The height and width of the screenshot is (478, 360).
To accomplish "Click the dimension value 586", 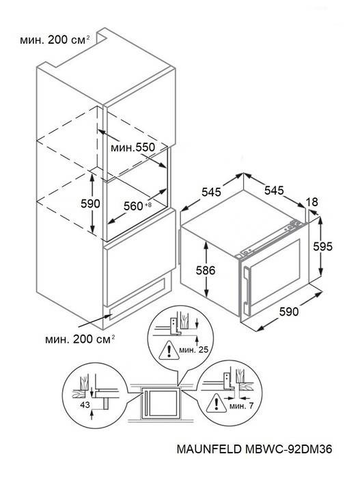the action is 206,270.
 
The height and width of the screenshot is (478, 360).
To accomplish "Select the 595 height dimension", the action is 323,246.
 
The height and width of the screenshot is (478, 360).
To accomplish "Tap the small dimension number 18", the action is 311,202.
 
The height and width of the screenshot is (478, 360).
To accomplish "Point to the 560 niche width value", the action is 133,206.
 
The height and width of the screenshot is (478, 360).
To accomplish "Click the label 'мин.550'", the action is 133,147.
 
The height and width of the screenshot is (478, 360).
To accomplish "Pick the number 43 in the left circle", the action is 85,404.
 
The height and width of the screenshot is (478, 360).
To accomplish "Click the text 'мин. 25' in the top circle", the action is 194,350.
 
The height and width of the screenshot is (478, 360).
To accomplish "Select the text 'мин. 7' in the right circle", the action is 241,406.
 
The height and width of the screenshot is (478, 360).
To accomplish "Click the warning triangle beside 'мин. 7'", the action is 217,404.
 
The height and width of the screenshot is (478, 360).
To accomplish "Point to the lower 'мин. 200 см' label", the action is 80,339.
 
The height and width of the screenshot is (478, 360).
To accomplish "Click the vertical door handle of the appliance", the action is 246,286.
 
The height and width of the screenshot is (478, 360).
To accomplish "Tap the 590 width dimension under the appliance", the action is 288,311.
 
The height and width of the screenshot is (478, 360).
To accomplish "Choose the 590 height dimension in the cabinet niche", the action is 90,203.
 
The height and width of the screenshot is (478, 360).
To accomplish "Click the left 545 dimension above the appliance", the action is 211,192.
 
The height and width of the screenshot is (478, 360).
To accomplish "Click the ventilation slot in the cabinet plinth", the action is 137,299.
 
